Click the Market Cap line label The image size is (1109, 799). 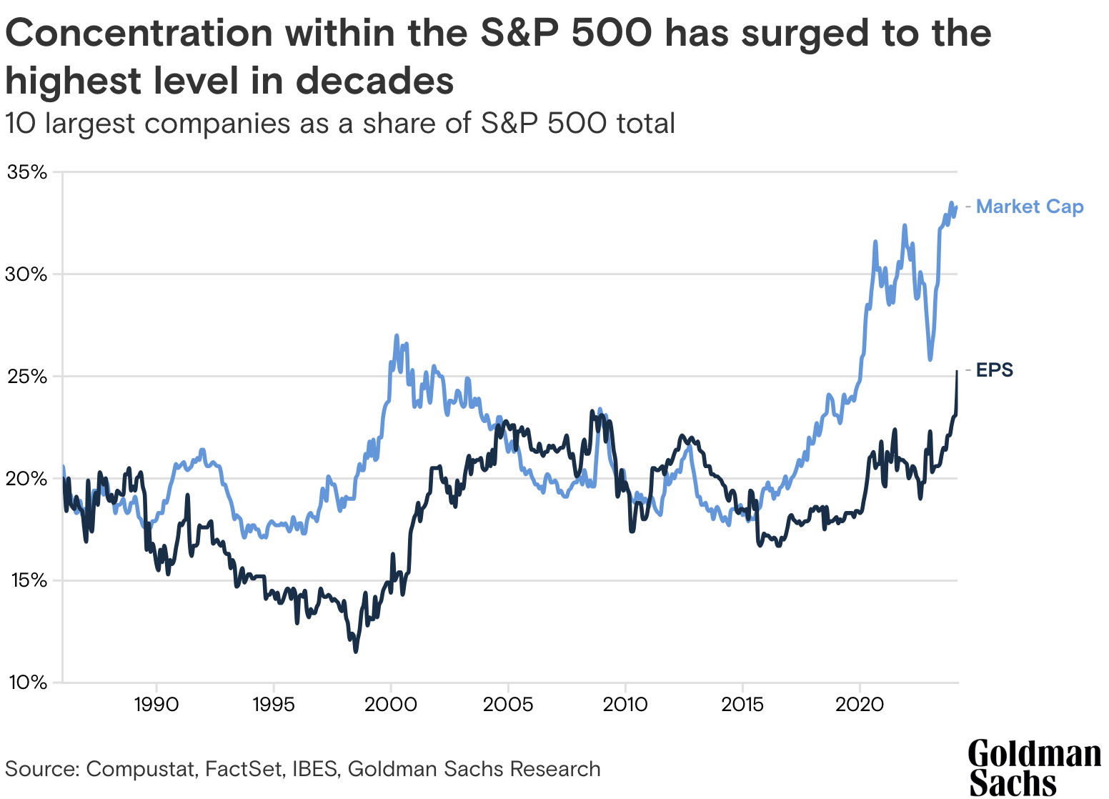click(1029, 207)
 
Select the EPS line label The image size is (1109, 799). click(995, 370)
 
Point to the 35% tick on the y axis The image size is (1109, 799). click(26, 172)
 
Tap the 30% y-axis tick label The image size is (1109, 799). click(26, 274)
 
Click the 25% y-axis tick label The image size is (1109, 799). click(26, 377)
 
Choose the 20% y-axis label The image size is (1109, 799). click(26, 478)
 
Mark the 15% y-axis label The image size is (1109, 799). click(26, 580)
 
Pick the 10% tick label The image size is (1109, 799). click(26, 683)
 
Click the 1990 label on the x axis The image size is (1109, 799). click(156, 705)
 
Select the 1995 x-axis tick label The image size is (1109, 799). click(273, 705)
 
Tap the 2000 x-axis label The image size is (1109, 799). click(391, 705)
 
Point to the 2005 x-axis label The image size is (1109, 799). click(508, 705)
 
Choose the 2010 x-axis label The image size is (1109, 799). click(625, 705)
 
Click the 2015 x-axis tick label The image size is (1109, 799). click(742, 705)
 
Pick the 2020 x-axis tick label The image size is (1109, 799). click(860, 705)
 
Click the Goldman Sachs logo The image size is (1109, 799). click(1034, 768)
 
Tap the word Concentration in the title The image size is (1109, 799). click(139, 34)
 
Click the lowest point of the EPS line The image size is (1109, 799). click(355, 651)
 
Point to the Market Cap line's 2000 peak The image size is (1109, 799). click(397, 335)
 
